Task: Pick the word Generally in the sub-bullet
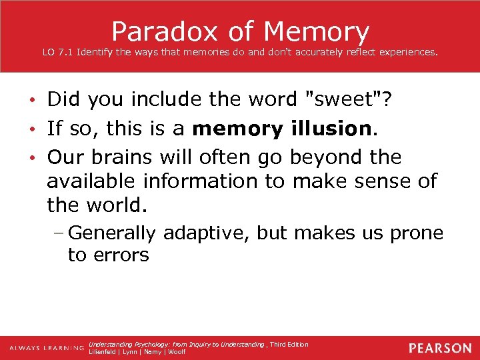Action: click(x=112, y=233)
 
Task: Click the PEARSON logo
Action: click(x=439, y=348)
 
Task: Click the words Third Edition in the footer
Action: click(x=289, y=345)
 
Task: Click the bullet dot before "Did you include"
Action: click(x=33, y=101)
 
